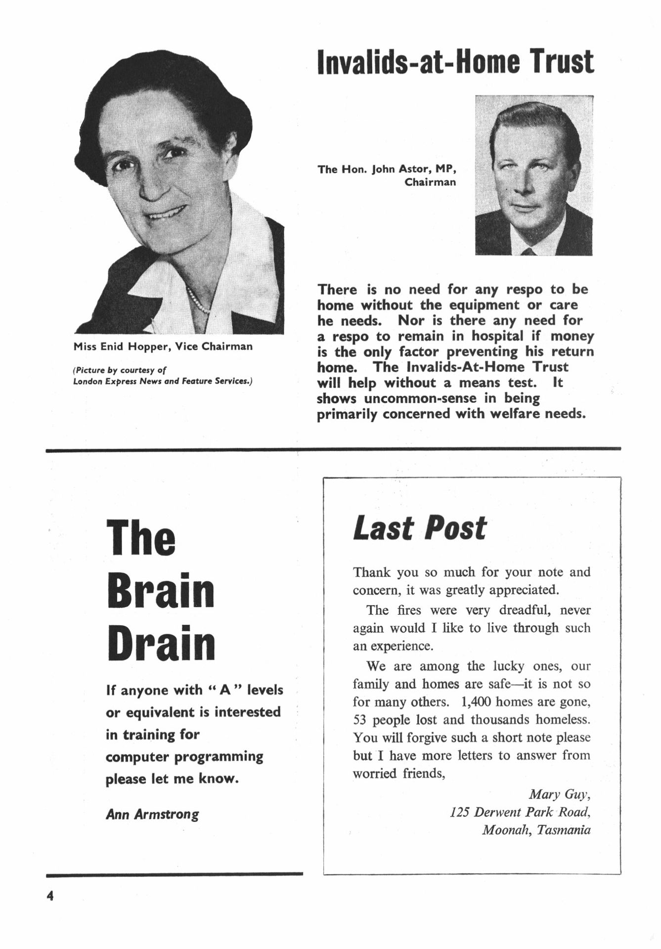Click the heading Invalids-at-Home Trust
point(455,62)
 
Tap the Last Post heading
point(420,528)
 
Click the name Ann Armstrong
point(152,814)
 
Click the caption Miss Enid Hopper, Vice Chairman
point(163,346)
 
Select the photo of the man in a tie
point(533,175)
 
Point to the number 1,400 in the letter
point(476,702)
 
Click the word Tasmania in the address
point(564,829)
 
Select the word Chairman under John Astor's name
point(430,182)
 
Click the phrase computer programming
point(184,757)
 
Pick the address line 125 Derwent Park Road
point(520,812)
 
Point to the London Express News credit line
point(163,382)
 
